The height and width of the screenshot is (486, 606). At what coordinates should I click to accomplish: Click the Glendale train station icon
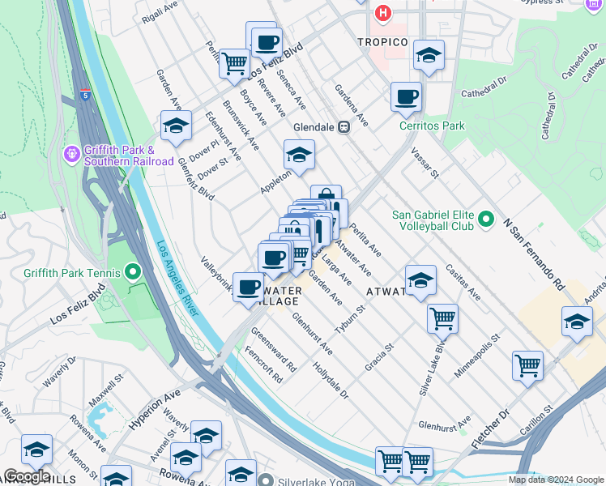pos(344,127)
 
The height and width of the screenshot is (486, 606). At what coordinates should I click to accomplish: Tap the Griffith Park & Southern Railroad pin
pos(70,152)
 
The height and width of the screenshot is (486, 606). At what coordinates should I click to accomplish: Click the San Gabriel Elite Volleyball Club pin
pos(485,220)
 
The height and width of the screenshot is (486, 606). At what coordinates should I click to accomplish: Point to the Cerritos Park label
pos(432,126)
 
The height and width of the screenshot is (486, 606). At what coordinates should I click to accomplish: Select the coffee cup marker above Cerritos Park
pos(406,97)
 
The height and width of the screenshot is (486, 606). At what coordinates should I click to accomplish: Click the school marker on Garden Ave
pos(176,126)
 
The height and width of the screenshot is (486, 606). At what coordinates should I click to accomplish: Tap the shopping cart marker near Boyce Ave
pos(234,62)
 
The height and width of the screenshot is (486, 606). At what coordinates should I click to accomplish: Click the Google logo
pos(26,476)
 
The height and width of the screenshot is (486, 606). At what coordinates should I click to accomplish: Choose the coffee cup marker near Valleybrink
pos(248,287)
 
